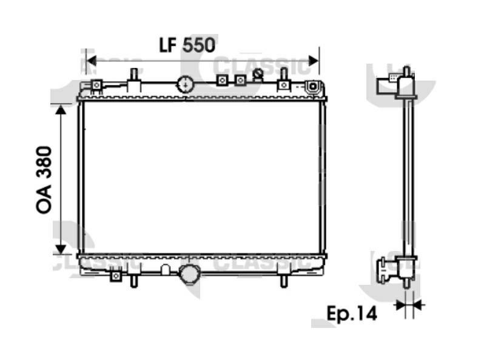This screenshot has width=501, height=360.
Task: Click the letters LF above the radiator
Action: pos(169,45)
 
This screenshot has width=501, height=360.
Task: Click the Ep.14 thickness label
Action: pos(352,313)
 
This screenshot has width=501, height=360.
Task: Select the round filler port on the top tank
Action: pos(184,84)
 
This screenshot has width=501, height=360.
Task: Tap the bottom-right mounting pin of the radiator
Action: pos(283,281)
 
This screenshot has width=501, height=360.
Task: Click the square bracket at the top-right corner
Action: pos(312,87)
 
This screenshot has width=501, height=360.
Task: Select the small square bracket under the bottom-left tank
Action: pos(116,276)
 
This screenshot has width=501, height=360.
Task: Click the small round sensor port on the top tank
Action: pos(258,74)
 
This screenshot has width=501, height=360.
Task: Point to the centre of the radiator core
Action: pos(201,178)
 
